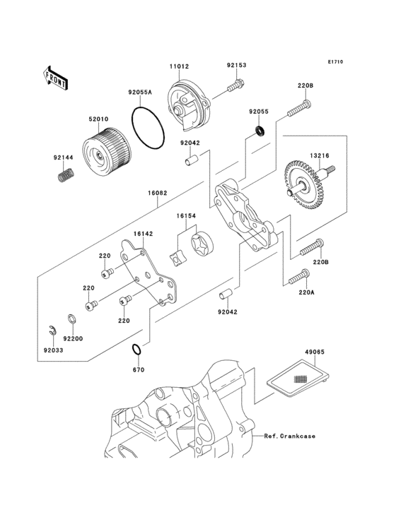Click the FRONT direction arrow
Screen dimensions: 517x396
[56, 76]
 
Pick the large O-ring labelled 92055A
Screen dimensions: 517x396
[149, 127]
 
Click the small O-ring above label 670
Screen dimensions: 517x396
[138, 350]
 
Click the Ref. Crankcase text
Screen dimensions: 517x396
[290, 436]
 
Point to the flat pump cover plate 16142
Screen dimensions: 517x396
[146, 275]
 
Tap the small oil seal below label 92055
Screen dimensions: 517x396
[260, 130]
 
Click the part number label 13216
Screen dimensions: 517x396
[319, 156]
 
